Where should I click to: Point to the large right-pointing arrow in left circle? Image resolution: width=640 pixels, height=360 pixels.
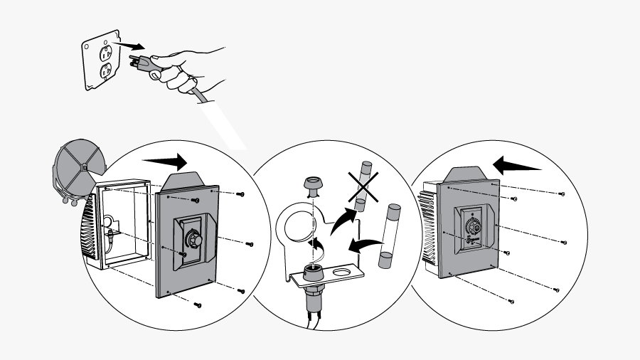point(164,159)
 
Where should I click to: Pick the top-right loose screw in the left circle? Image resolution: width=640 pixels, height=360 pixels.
point(240,194)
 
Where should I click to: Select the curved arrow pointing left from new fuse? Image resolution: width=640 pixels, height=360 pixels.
point(362,245)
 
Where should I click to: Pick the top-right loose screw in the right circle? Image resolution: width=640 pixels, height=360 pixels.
point(562,194)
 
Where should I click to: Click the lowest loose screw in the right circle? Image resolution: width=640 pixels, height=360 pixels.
point(511,302)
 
